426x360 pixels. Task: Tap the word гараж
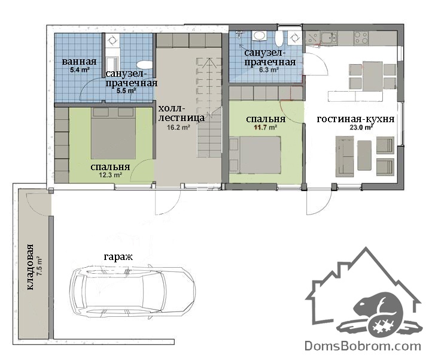tap(118, 256)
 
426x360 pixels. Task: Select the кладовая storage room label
tap(30, 267)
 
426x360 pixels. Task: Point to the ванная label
tap(79, 62)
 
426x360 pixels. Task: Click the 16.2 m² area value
tap(178, 127)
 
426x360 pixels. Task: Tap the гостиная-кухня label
tap(355, 119)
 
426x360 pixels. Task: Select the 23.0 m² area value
tap(361, 127)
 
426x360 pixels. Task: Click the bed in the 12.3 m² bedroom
tap(113, 133)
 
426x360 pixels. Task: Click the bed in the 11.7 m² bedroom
tap(255, 155)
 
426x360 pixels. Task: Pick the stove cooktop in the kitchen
tap(361, 38)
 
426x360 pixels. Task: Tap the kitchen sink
tap(328, 38)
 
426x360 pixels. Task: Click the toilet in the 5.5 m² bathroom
tap(144, 65)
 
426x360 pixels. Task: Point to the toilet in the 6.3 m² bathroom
tap(279, 39)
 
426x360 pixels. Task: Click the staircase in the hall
tap(210, 107)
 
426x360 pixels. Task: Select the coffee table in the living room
tap(364, 155)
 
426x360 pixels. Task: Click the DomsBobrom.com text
tap(363, 346)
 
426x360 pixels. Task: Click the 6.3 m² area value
tap(269, 69)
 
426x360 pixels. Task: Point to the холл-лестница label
tap(181, 113)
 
